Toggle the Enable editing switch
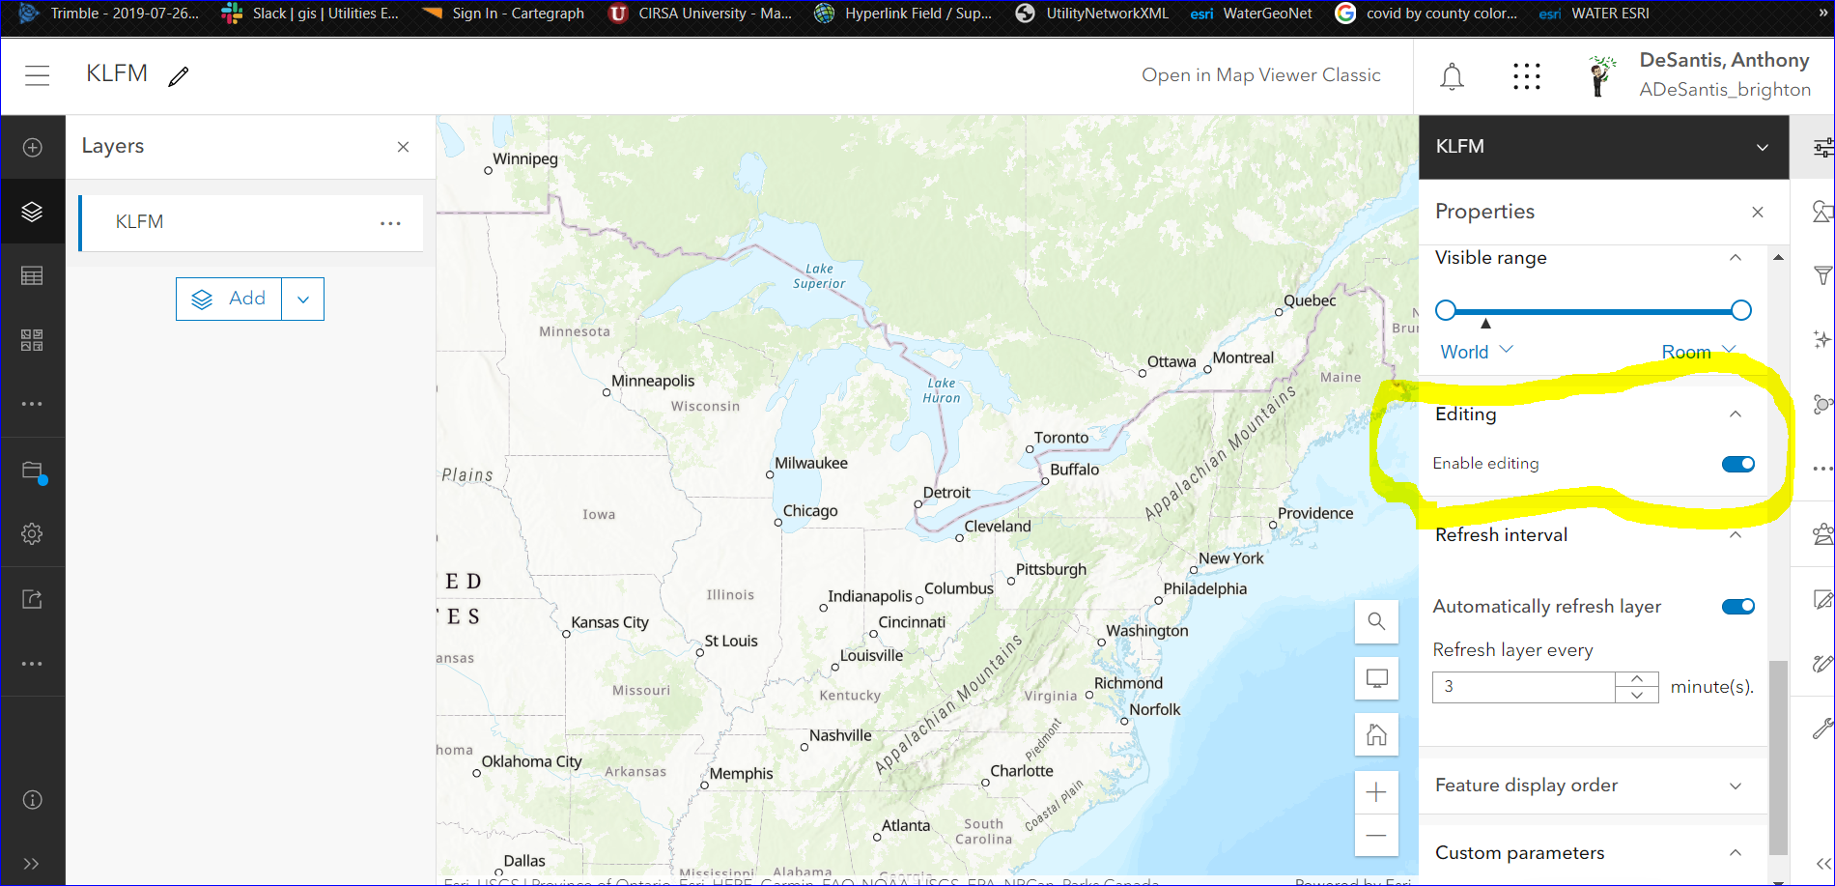point(1737,464)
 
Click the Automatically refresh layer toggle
point(1737,606)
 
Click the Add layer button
point(229,299)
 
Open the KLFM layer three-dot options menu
point(390,223)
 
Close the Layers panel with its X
point(403,147)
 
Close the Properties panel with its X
point(1757,212)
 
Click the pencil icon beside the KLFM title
point(179,76)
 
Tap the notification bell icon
point(1452,76)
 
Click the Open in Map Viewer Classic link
point(1260,75)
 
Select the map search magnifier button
point(1376,621)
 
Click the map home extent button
point(1376,735)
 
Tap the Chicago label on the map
point(810,511)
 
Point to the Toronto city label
point(1060,438)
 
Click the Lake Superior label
point(819,276)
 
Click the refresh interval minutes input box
point(1523,687)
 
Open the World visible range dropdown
point(1476,352)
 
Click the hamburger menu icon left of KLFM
point(38,75)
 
